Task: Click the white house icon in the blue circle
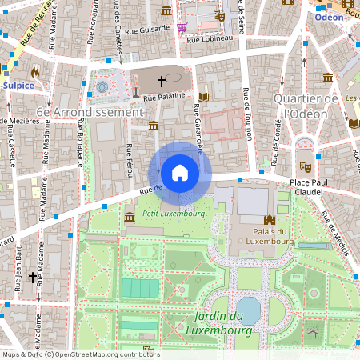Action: pyautogui.click(x=179, y=173)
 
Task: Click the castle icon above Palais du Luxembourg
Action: pyautogui.click(x=269, y=218)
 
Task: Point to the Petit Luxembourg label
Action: pyautogui.click(x=173, y=214)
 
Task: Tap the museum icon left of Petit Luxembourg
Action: pyautogui.click(x=130, y=217)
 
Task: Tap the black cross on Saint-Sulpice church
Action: pyautogui.click(x=162, y=81)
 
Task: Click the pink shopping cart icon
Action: pyautogui.click(x=182, y=27)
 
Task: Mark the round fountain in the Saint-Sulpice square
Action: pyautogui.click(x=102, y=85)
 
